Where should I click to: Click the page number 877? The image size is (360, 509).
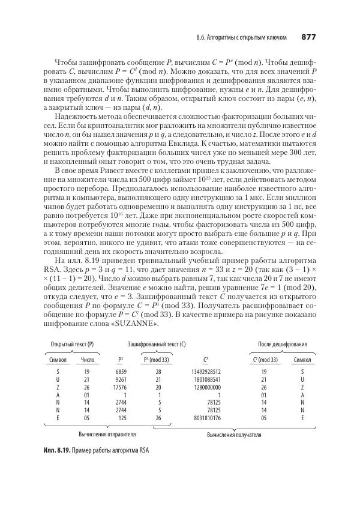[x=308, y=37]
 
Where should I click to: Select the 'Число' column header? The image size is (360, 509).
[x=88, y=360]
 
